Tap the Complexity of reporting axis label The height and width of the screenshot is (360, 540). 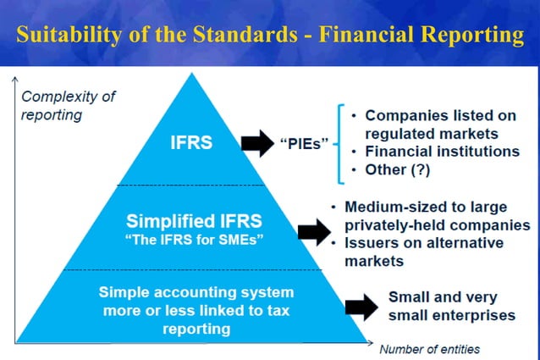tap(67, 104)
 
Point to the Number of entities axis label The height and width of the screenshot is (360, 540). tap(429, 348)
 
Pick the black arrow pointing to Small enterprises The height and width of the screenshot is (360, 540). tap(361, 306)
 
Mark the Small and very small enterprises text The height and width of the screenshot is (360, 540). tap(450, 306)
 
